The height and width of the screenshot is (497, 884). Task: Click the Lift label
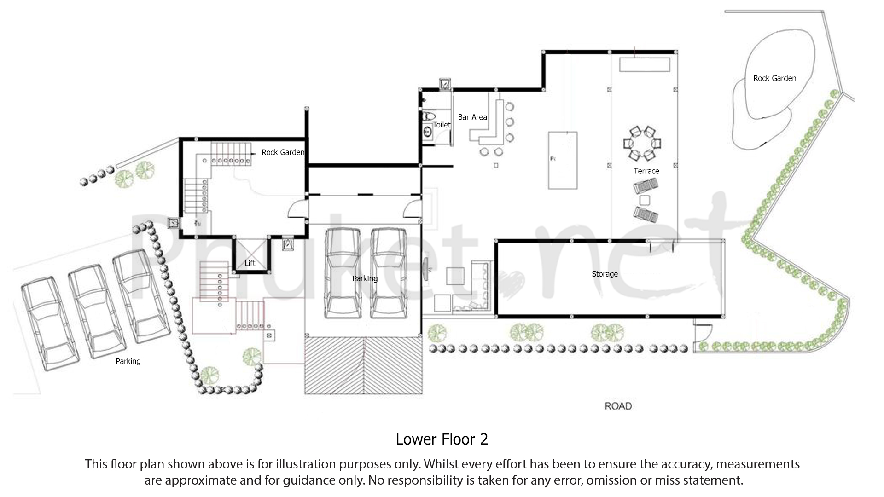250,263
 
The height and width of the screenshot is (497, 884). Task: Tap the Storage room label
605,274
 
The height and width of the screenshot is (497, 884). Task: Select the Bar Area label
472,117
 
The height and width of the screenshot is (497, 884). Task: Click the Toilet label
442,125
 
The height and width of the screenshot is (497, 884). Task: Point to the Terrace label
646,171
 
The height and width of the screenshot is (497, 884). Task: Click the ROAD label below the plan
618,406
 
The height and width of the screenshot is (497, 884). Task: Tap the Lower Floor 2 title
442,439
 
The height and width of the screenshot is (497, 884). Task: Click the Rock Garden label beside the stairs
283,152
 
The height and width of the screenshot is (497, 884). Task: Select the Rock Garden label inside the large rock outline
774,78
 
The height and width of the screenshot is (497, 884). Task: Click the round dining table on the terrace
642,143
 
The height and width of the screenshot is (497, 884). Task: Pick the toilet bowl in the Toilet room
428,116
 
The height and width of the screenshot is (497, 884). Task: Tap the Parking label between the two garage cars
365,278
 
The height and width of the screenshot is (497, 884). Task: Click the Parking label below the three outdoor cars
128,361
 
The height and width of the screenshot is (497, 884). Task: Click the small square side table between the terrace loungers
645,200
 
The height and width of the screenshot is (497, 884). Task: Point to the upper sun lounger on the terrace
646,186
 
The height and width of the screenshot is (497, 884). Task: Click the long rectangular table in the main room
563,160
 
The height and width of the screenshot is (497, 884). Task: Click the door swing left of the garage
296,211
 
